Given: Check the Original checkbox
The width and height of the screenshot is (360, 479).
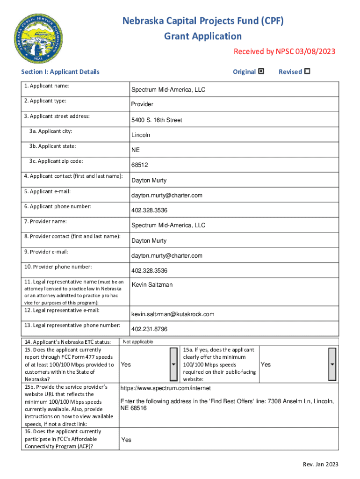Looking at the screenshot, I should (261, 72).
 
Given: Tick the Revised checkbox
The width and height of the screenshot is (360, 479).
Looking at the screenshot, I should (307, 72).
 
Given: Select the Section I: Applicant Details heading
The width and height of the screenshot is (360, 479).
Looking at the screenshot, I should (60, 72).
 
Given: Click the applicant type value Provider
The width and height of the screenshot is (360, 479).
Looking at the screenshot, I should (142, 104).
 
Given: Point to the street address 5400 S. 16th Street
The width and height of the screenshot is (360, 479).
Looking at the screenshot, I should (157, 120).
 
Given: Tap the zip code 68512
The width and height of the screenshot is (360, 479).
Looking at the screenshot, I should (140, 165).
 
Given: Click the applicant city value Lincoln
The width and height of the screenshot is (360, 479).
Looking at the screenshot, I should (141, 135).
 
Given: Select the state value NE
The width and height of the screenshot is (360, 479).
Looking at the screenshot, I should (136, 150).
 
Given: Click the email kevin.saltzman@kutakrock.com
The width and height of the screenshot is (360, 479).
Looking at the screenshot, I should (173, 314).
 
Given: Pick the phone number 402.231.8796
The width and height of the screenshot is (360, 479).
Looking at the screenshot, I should (149, 329).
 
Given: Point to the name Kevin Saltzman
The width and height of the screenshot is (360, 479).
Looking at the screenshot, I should (152, 285).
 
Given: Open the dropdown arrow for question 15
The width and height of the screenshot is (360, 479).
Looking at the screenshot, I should (173, 364).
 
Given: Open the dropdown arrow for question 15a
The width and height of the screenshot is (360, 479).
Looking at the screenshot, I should (332, 364).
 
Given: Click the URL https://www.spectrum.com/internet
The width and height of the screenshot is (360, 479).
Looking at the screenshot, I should (166, 388).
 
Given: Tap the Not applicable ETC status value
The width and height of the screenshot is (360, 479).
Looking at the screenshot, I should (138, 342).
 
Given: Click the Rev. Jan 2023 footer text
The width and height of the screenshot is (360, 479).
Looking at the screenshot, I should (320, 464).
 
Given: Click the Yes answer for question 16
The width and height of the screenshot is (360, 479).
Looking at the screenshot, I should (126, 440).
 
